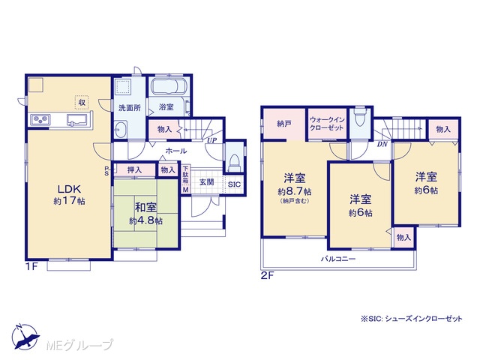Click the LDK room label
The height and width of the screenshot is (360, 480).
69,188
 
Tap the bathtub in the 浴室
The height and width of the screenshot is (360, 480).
169,86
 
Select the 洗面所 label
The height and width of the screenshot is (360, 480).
130,108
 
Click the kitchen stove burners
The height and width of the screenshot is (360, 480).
40,119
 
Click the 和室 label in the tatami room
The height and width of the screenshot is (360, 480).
145,207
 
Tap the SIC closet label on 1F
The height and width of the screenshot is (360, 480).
234,184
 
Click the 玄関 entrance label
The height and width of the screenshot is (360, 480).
207,182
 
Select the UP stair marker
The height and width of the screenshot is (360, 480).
211,140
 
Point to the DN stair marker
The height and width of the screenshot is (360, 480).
382,144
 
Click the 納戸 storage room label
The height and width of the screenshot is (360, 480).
283,124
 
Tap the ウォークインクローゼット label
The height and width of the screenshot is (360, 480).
327,124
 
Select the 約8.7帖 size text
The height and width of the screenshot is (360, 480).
295,192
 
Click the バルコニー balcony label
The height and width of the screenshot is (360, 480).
338,259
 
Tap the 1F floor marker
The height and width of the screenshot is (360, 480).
31,266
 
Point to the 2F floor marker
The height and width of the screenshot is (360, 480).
267,275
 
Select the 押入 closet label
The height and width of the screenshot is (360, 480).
134,170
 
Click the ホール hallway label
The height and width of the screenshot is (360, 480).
176,151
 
